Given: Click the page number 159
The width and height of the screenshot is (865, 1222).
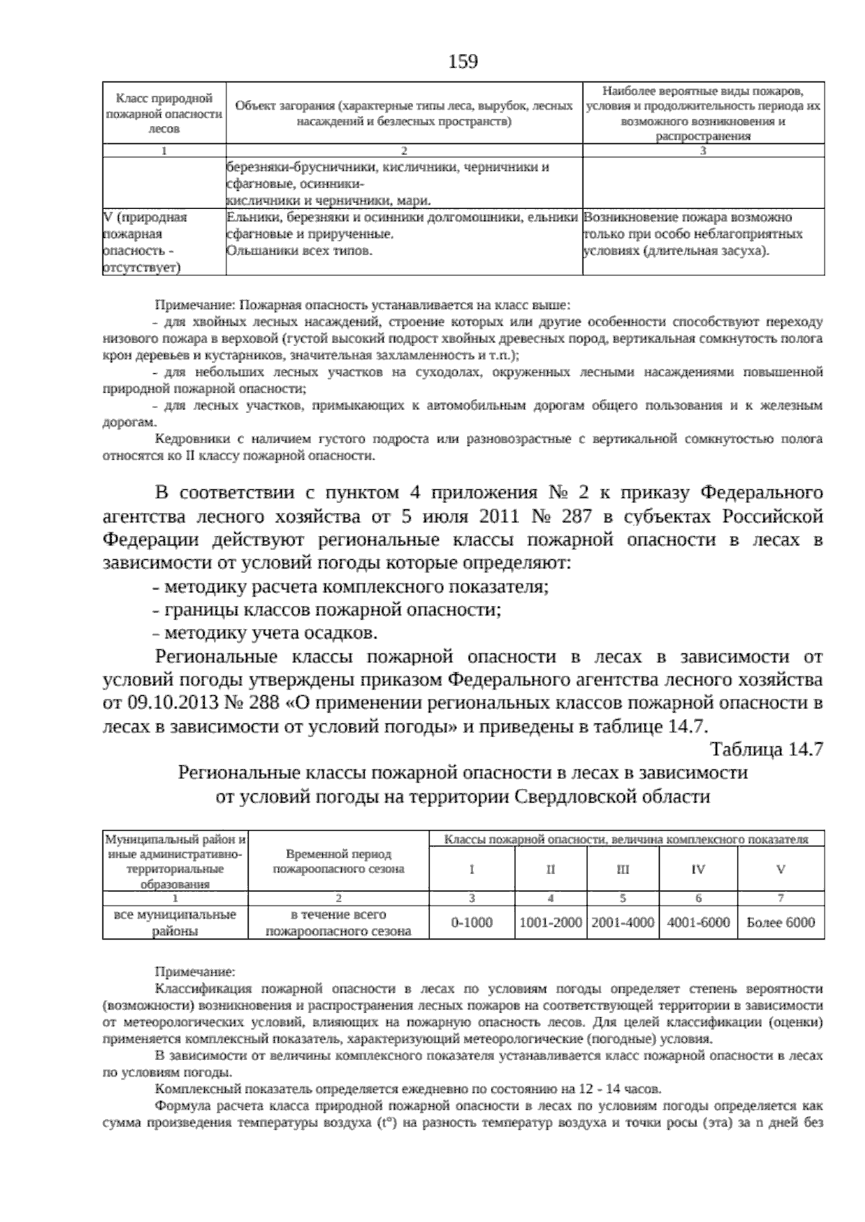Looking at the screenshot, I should pyautogui.click(x=463, y=63).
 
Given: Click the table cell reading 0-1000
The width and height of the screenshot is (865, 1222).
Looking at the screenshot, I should pyautogui.click(x=471, y=922).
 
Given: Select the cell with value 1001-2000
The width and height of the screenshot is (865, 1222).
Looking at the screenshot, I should pyautogui.click(x=550, y=922).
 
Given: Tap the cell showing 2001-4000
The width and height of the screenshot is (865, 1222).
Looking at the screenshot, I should pyautogui.click(x=623, y=922).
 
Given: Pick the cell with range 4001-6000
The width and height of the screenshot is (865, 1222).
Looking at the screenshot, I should pyautogui.click(x=698, y=922).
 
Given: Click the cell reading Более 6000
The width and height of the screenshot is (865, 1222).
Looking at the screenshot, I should pyautogui.click(x=781, y=922).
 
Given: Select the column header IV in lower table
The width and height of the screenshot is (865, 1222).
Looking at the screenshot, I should pyautogui.click(x=698, y=870).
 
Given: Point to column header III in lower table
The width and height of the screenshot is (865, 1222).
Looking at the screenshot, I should pyautogui.click(x=623, y=870).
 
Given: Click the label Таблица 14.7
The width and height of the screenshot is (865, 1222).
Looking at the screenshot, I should pyautogui.click(x=767, y=749).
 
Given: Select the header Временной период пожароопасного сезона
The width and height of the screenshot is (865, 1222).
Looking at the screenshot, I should pyautogui.click(x=338, y=861).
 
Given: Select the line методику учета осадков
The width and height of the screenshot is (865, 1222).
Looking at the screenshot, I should pyautogui.click(x=265, y=633).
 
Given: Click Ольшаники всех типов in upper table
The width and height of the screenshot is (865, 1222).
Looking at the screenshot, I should pyautogui.click(x=299, y=251).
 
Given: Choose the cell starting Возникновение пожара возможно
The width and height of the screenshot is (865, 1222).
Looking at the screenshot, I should pyautogui.click(x=692, y=234).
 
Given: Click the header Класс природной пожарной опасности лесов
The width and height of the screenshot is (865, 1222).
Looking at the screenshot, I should pyautogui.click(x=164, y=113).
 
